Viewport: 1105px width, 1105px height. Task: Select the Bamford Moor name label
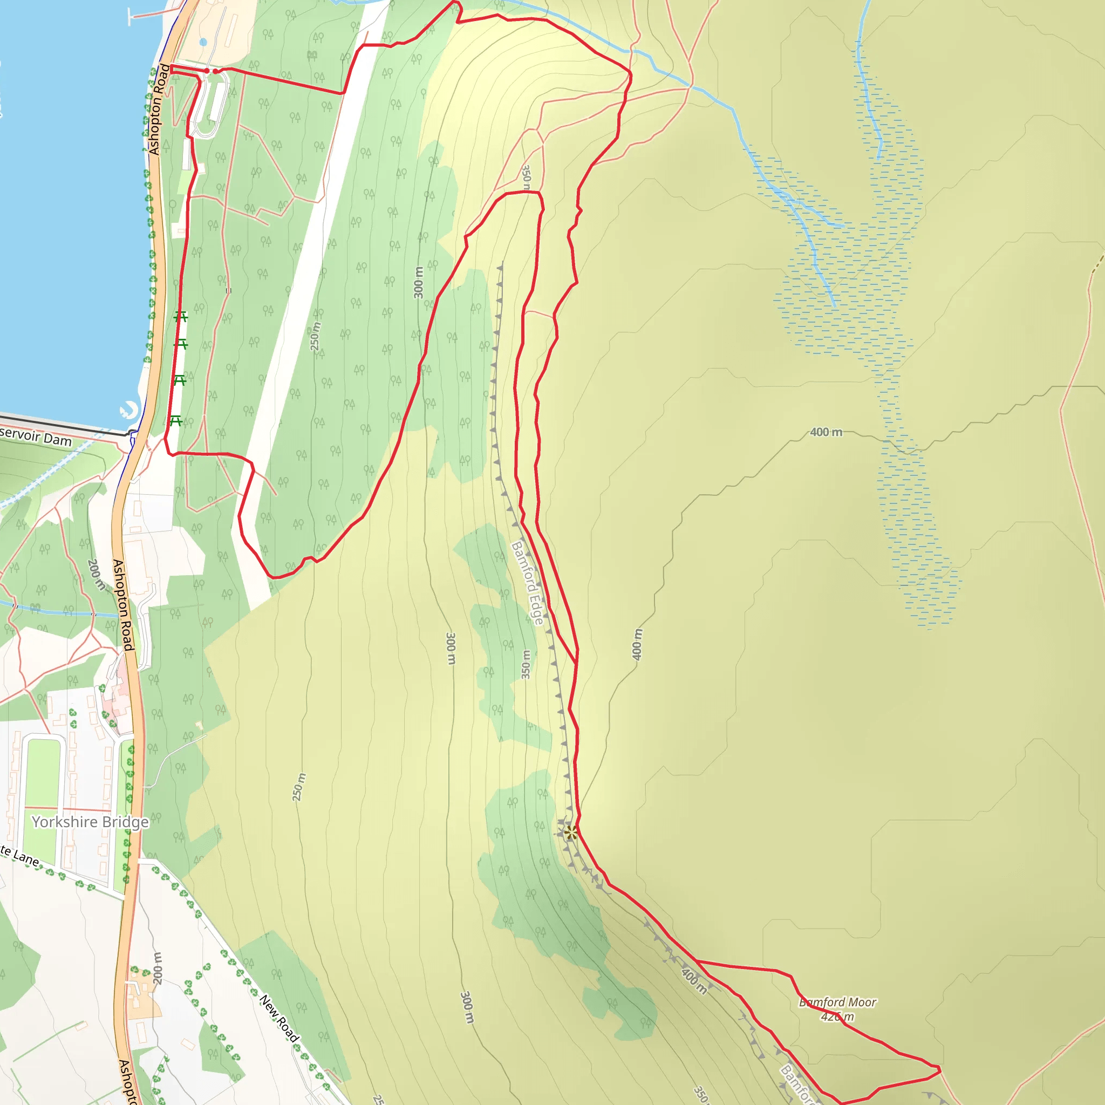[837, 1002]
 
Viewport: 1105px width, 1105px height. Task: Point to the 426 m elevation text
[837, 1017]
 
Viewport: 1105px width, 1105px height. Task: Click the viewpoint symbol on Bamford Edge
[570, 832]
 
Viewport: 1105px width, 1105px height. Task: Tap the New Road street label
[279, 1019]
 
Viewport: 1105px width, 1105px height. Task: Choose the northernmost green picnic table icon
[181, 316]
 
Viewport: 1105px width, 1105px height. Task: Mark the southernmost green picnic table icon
[175, 421]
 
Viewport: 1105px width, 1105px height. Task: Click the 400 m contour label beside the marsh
[826, 432]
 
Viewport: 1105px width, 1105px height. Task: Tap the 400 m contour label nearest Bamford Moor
[694, 980]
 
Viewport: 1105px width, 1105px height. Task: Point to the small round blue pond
[203, 42]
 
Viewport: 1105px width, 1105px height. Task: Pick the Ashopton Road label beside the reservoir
[159, 110]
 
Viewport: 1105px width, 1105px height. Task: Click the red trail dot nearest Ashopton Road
[207, 71]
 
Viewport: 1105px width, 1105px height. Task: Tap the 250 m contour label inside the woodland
[315, 336]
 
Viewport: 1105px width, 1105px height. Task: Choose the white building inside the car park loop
[217, 102]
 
